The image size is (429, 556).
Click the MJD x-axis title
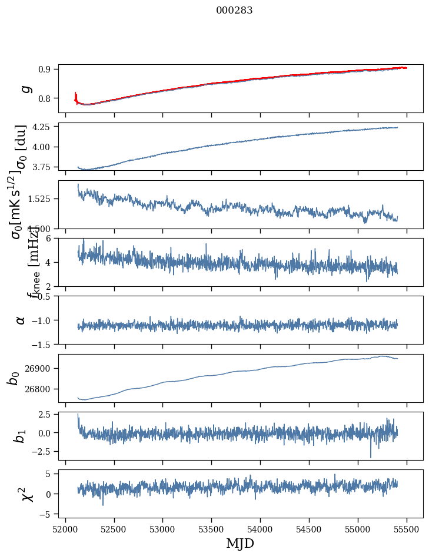[240, 543]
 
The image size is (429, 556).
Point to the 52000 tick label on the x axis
[65, 529]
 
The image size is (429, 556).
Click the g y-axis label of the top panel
[25, 88]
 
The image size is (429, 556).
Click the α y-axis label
[21, 320]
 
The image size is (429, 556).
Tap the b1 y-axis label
[21, 436]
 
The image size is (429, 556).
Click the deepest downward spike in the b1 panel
[371, 455]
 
